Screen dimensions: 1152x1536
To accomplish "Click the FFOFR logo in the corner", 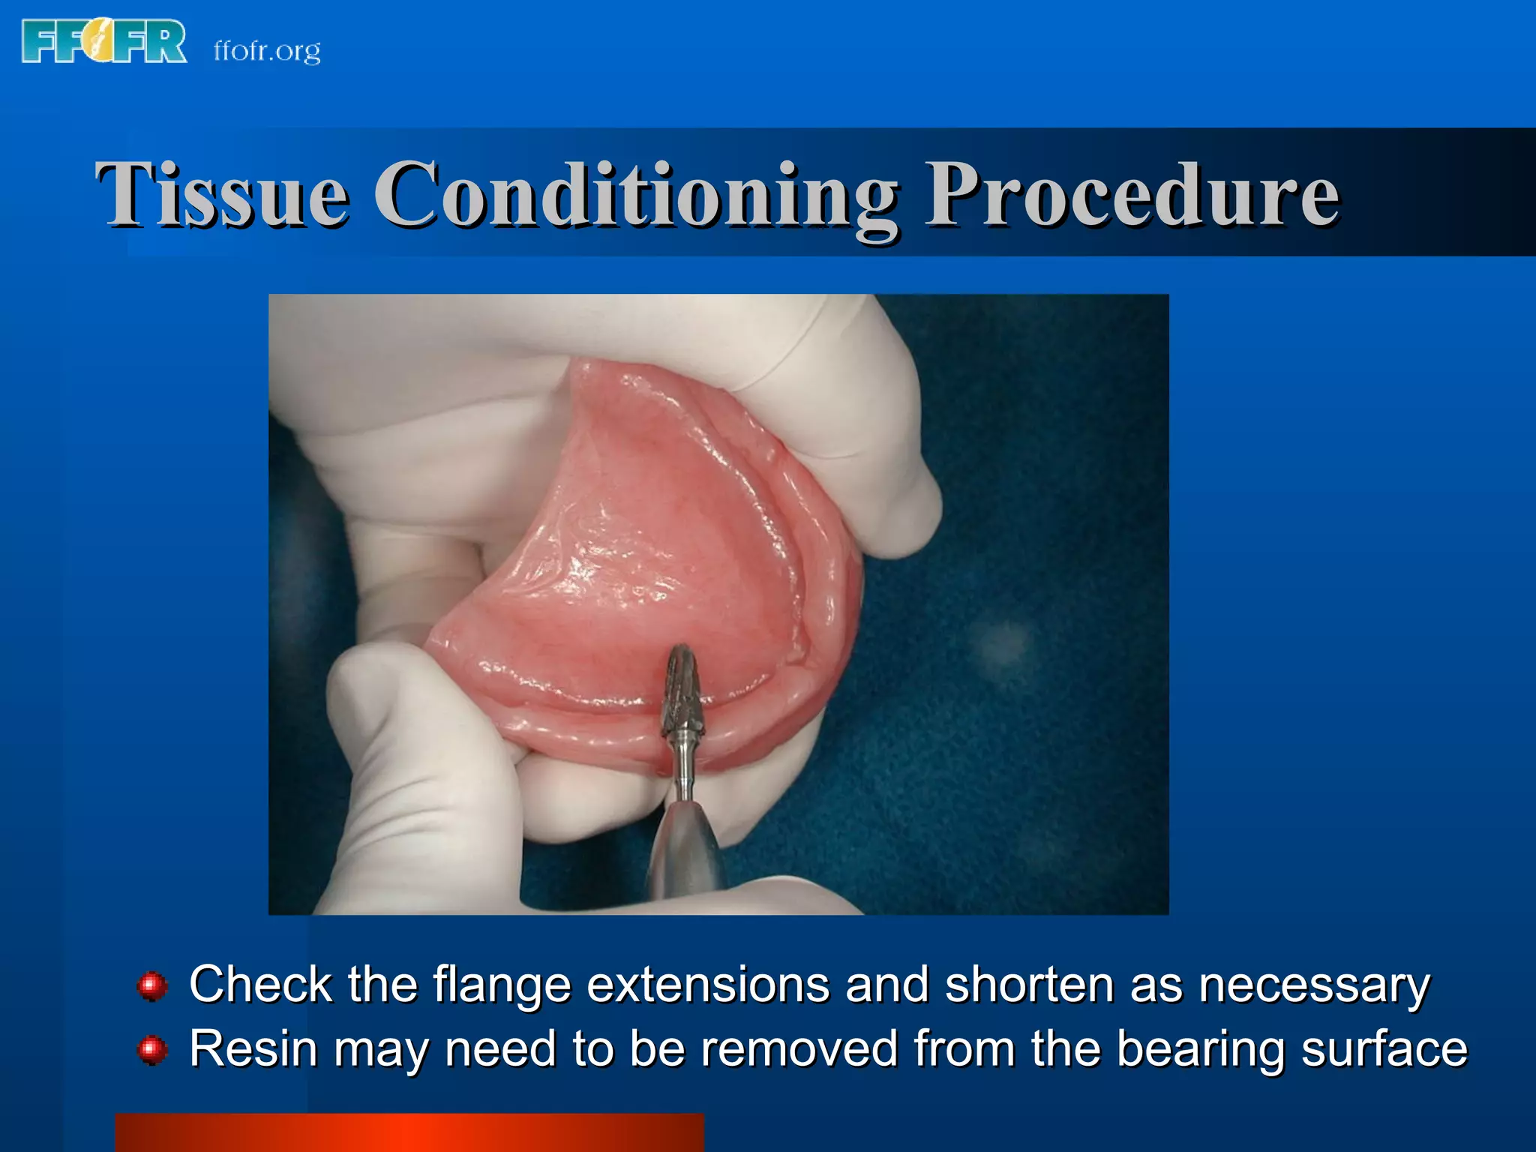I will click(104, 41).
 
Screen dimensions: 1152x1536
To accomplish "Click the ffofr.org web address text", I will click(267, 51).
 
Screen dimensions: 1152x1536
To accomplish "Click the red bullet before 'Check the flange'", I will click(152, 985).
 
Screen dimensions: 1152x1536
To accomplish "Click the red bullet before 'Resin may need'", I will click(152, 1050).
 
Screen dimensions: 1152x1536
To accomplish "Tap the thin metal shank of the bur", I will click(683, 772).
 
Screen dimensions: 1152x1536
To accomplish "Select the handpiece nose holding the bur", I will click(685, 847).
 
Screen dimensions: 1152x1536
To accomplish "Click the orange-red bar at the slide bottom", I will click(409, 1132).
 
